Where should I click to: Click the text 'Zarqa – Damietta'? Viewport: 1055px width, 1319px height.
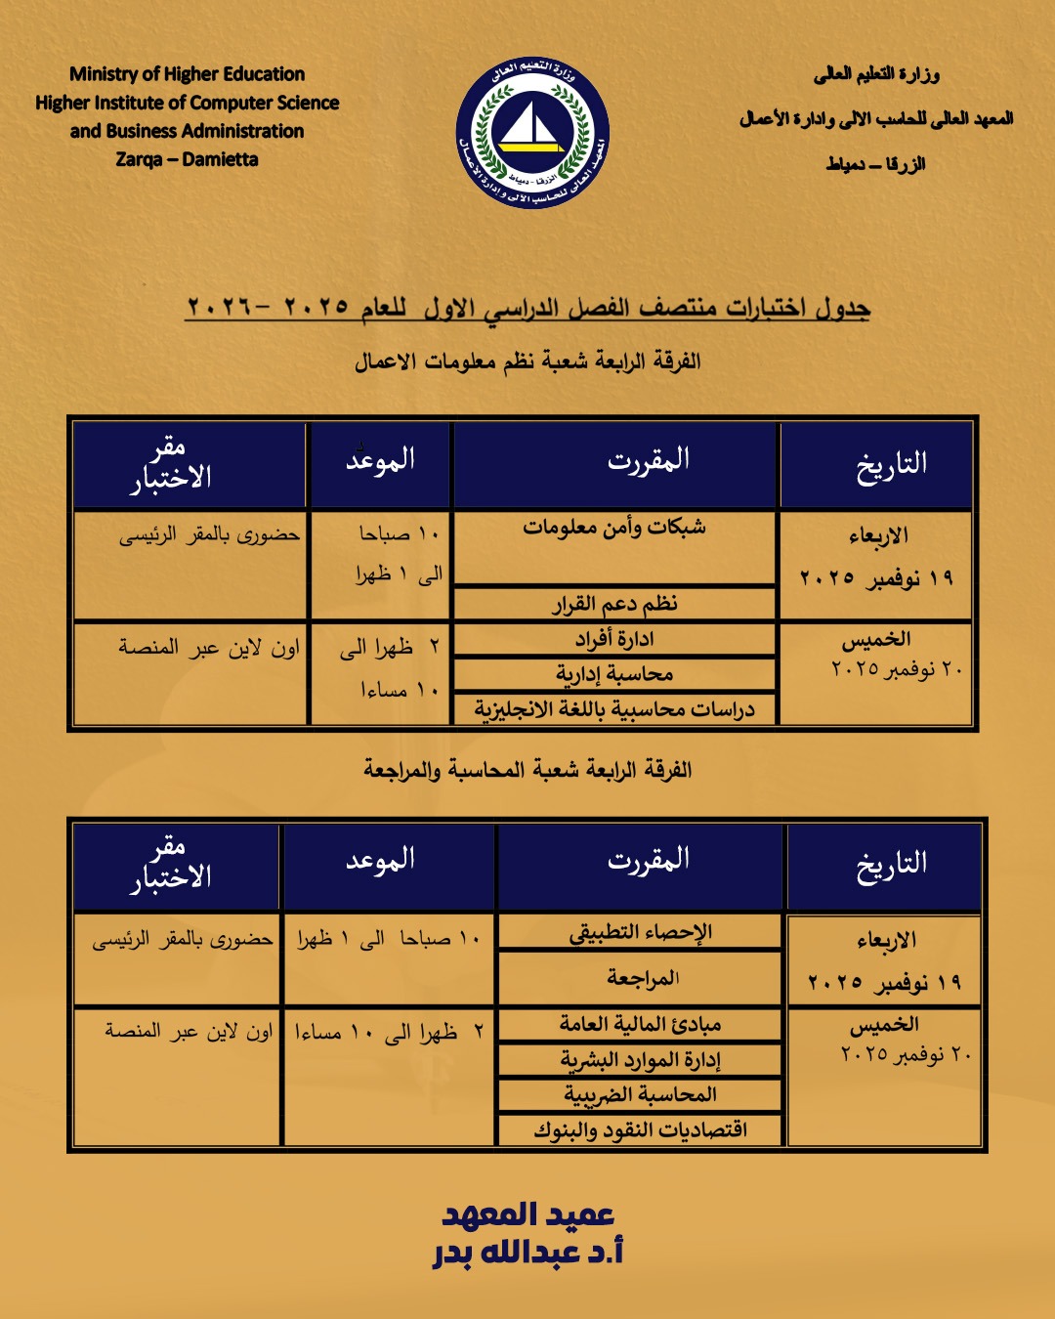[187, 159]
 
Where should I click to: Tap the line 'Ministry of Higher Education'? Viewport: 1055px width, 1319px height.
[187, 74]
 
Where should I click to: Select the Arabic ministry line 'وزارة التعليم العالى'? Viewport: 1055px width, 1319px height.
[876, 74]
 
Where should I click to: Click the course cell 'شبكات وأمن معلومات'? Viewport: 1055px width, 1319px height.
[614, 528]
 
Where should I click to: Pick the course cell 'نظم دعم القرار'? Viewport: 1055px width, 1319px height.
[614, 604]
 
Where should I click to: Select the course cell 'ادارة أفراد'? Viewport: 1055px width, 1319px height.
[614, 639]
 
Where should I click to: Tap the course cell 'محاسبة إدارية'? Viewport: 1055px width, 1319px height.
[614, 674]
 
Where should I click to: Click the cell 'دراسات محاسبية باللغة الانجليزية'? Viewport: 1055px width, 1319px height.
[614, 709]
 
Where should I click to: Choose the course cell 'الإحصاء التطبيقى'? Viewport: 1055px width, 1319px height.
[641, 932]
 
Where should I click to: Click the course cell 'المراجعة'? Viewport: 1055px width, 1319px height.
[641, 977]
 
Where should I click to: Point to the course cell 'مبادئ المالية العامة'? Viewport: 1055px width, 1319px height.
[641, 1024]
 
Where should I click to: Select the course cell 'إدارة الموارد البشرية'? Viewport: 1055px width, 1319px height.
[641, 1060]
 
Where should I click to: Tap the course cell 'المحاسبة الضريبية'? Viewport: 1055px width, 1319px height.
[641, 1095]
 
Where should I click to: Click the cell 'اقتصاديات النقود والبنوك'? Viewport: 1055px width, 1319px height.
[641, 1130]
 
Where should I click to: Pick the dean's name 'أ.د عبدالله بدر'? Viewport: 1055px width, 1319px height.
[528, 1253]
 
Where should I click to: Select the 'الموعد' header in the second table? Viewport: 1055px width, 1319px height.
[380, 861]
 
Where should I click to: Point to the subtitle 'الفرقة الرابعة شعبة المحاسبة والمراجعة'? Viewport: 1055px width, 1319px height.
[527, 770]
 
